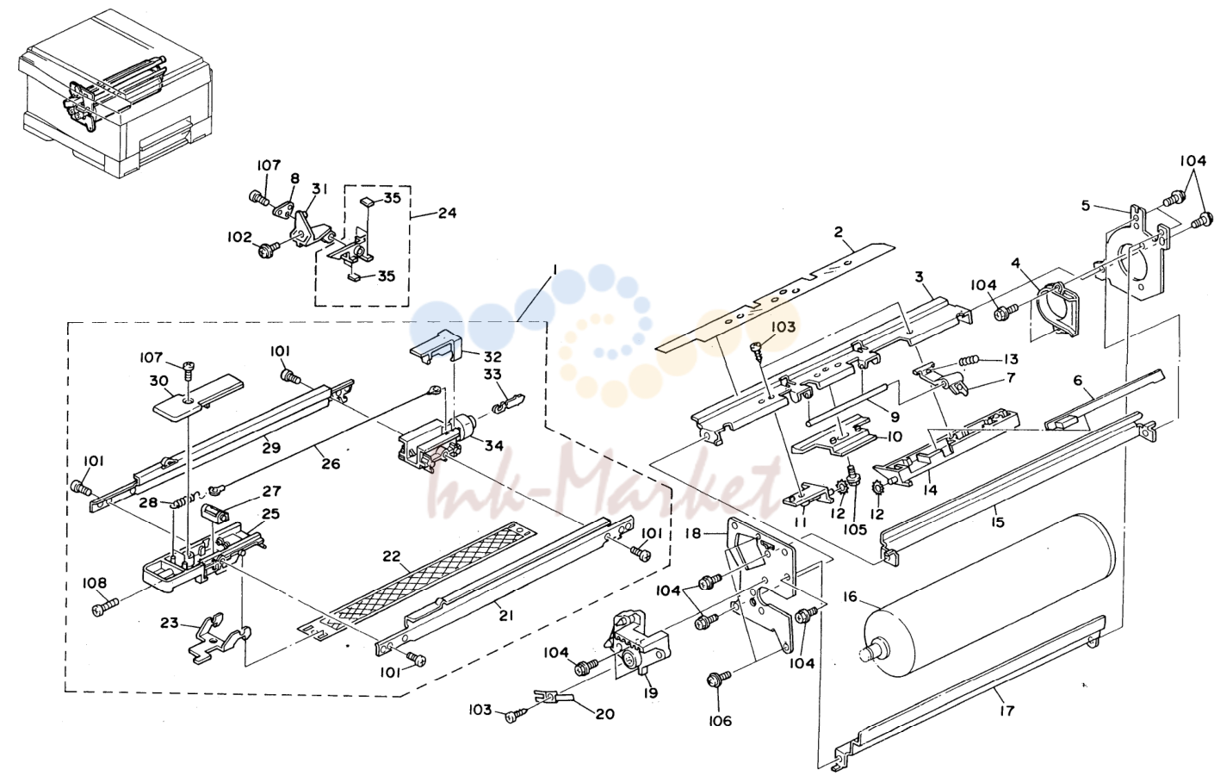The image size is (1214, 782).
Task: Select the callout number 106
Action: (719, 721)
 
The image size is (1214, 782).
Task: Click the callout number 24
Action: (446, 213)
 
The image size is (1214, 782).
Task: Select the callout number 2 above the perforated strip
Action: (839, 233)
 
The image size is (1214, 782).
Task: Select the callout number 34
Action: (493, 446)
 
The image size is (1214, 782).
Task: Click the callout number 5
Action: (1085, 206)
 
